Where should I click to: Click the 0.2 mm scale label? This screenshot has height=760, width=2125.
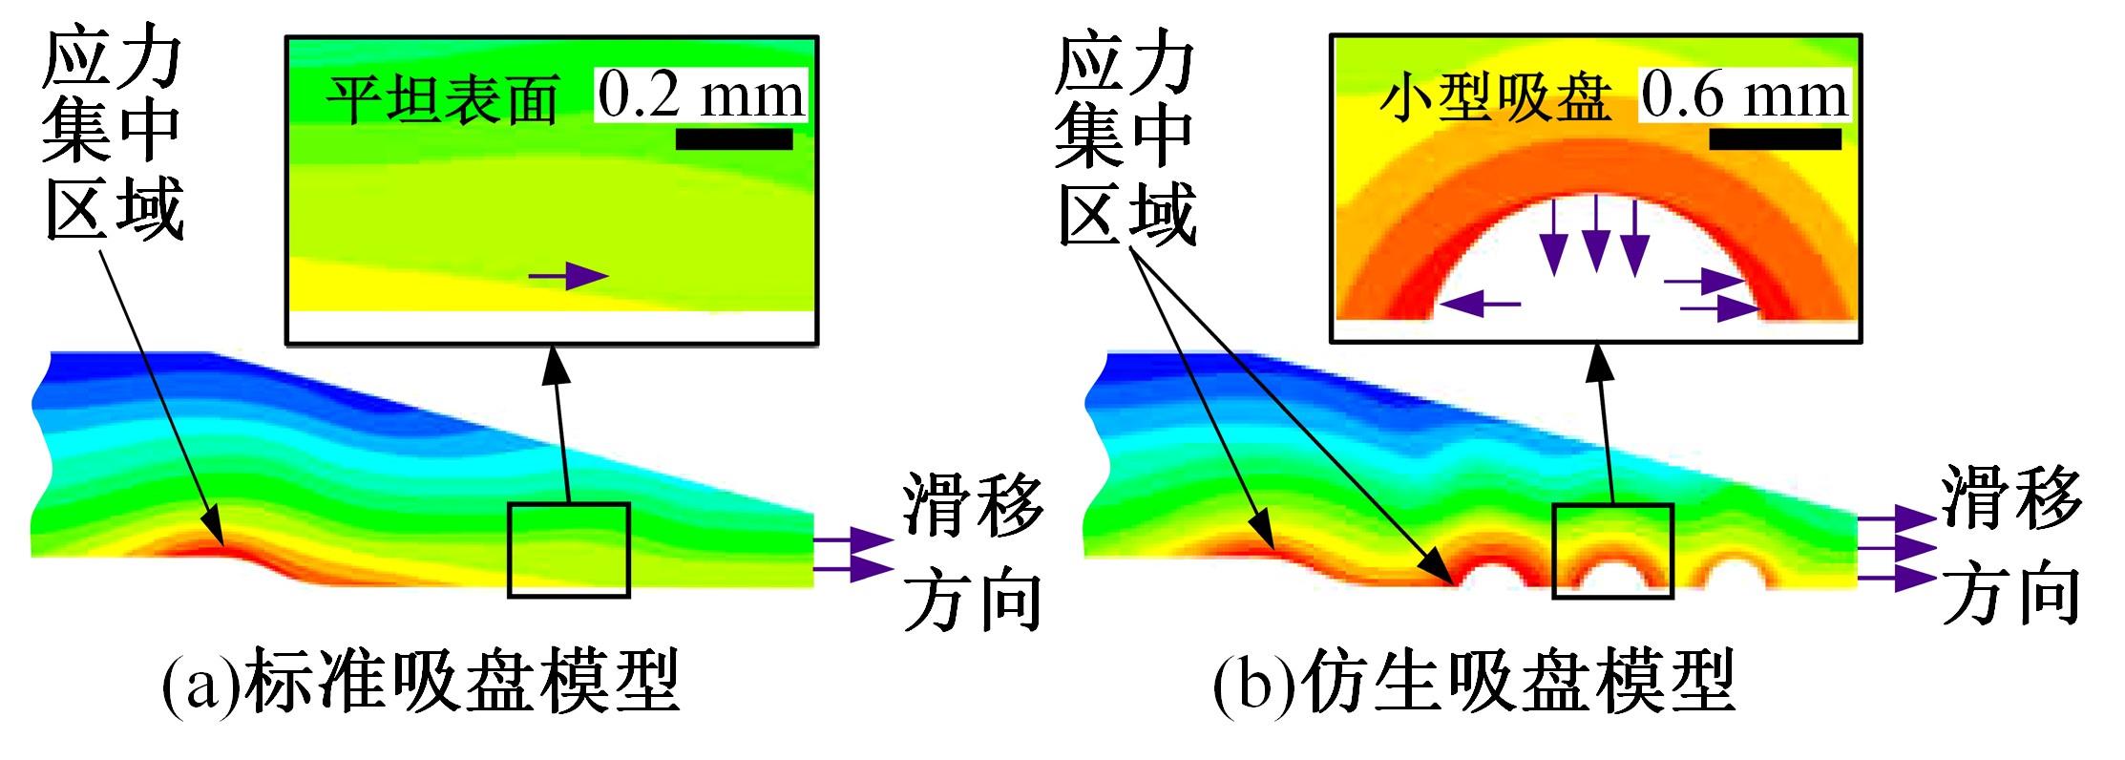702,95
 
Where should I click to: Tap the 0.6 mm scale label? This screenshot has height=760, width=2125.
1744,96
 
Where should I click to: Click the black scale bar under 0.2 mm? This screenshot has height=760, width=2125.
733,139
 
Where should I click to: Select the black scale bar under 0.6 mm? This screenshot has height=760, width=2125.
1774,139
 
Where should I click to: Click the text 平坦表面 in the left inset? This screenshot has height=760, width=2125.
442,99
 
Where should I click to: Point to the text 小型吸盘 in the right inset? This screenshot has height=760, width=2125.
1495,99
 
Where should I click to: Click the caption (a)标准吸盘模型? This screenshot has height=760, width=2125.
420,682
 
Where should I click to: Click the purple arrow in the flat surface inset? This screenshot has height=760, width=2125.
568,277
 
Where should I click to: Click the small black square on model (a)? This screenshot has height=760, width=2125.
568,551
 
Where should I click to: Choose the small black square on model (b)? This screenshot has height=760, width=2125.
1612,551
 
